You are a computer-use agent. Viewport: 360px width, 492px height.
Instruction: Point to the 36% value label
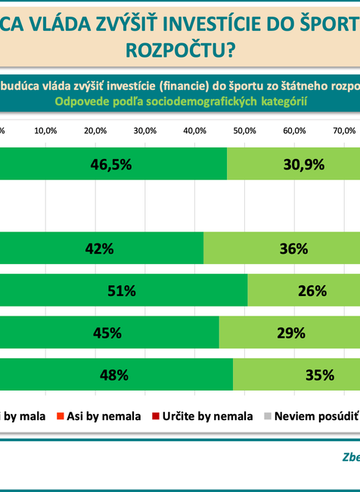pos(293,248)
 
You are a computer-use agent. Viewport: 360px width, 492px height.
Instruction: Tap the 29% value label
pos(290,332)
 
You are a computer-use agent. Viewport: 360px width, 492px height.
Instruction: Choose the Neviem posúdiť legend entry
pos(310,415)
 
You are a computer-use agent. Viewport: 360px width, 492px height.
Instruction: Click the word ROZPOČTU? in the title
pos(179,50)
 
